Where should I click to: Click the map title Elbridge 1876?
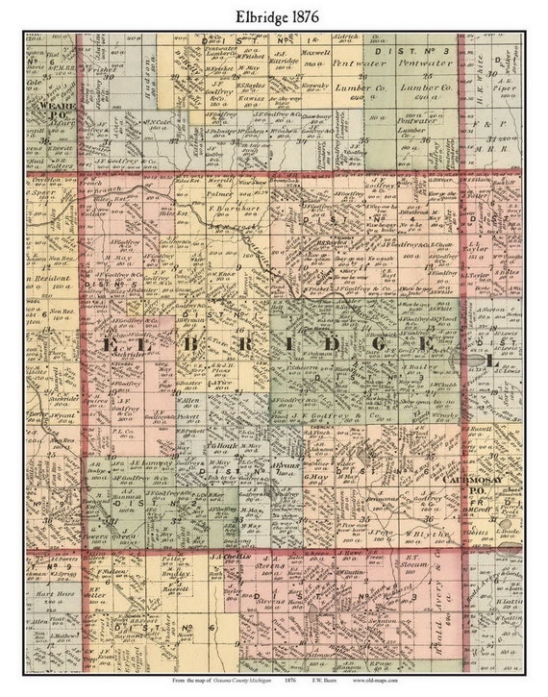coord(273,16)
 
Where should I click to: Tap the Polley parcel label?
coord(172,559)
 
